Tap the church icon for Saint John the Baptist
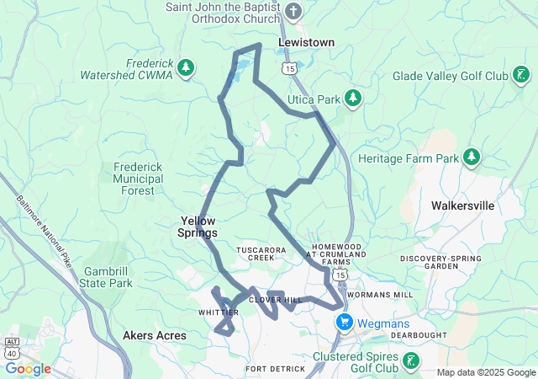[x=293, y=11]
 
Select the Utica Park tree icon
[x=353, y=99]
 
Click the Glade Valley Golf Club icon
[x=521, y=77]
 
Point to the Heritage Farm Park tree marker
[x=472, y=157]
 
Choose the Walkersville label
[x=462, y=205]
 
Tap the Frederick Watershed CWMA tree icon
[x=186, y=67]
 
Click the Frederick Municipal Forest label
[x=139, y=179]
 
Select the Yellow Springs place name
[x=199, y=227]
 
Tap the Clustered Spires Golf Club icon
[x=411, y=361]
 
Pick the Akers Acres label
[x=154, y=335]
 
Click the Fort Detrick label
[x=274, y=369]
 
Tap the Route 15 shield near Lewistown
[x=289, y=67]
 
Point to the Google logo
[x=28, y=369]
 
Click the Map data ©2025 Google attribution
[x=485, y=372]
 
